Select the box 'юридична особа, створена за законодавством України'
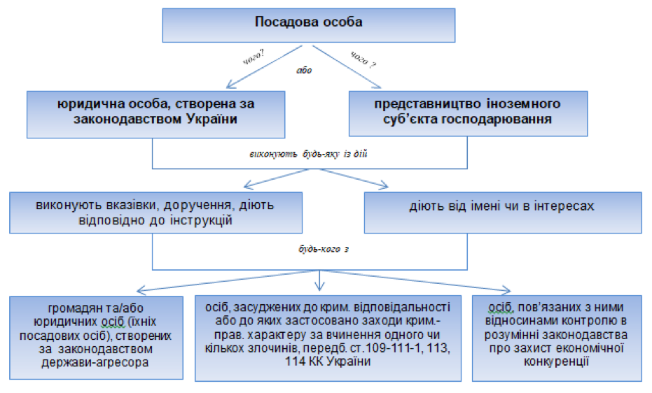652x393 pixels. [155, 111]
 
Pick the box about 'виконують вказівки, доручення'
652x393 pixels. [155, 212]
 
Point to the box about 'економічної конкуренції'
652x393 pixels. [558, 336]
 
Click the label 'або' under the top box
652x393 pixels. [303, 70]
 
